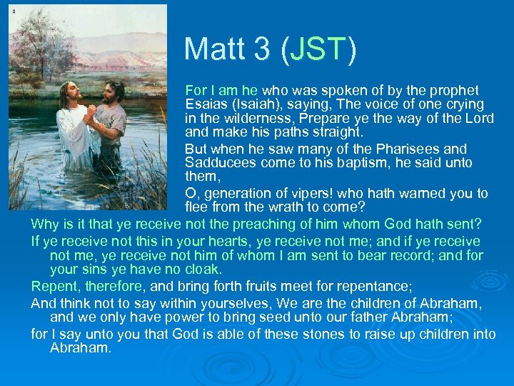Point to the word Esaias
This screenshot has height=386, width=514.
click(x=207, y=105)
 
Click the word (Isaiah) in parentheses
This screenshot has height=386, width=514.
click(x=261, y=105)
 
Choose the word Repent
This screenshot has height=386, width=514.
click(x=51, y=286)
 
